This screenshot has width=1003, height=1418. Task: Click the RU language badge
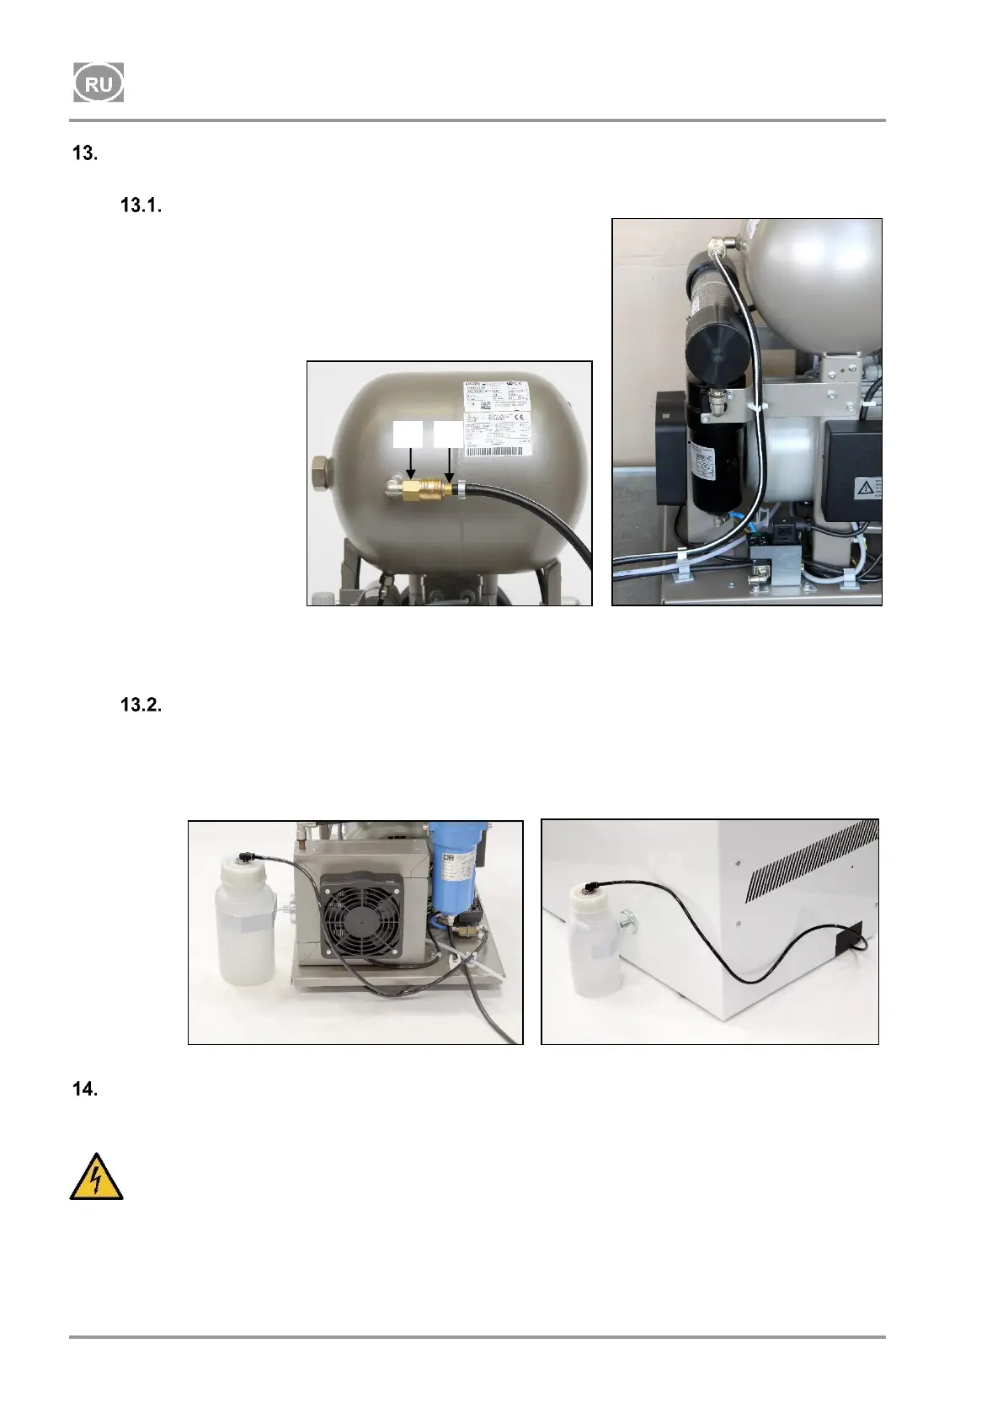click(x=98, y=83)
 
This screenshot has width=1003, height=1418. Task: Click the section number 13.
click(x=85, y=154)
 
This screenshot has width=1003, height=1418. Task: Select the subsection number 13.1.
click(x=141, y=205)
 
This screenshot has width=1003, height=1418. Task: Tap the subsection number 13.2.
click(x=141, y=705)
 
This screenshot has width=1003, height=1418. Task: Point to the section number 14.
click(x=85, y=1089)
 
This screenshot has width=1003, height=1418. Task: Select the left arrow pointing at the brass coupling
click(x=409, y=460)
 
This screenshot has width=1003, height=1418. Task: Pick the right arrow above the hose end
click(x=449, y=460)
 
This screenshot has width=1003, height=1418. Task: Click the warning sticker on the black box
click(x=865, y=488)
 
